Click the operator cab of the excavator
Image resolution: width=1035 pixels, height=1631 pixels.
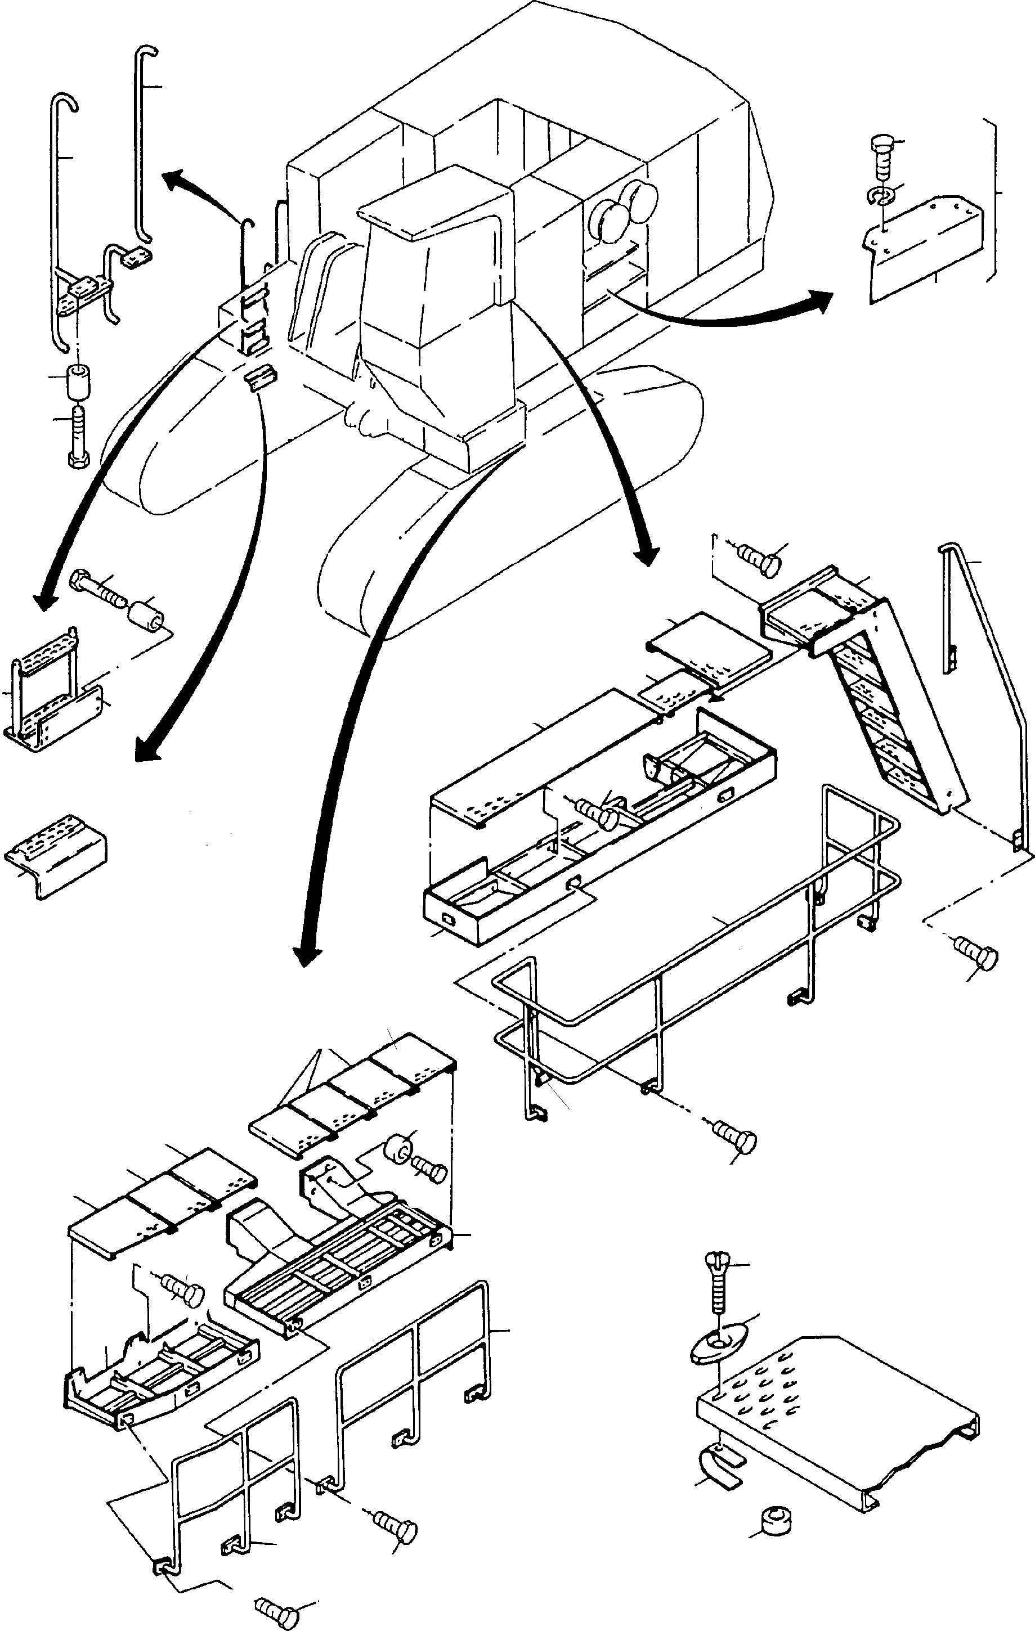tap(433, 318)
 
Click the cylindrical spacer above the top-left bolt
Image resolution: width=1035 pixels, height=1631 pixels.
tap(78, 382)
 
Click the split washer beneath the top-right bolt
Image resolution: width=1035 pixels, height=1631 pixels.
tap(881, 196)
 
